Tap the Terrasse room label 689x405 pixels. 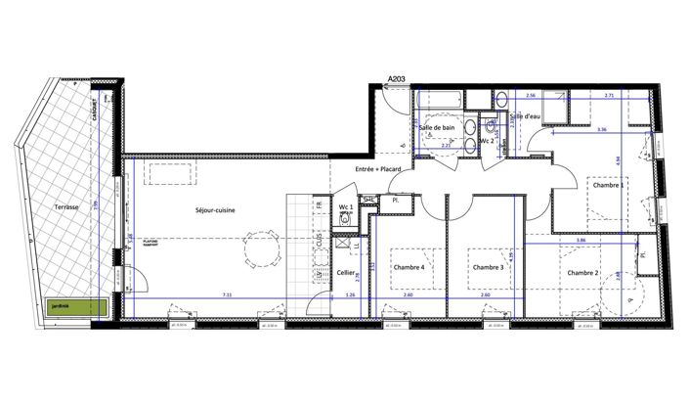(65, 209)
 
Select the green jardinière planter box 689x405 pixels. (73, 305)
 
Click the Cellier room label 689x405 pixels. (345, 273)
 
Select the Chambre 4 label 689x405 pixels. (408, 267)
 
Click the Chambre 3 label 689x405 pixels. (488, 267)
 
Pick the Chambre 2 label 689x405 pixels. (583, 273)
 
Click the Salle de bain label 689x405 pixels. (437, 127)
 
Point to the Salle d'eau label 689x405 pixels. (526, 116)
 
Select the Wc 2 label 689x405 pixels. (498, 141)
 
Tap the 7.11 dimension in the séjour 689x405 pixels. (227, 294)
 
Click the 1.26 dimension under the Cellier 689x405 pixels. (349, 294)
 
